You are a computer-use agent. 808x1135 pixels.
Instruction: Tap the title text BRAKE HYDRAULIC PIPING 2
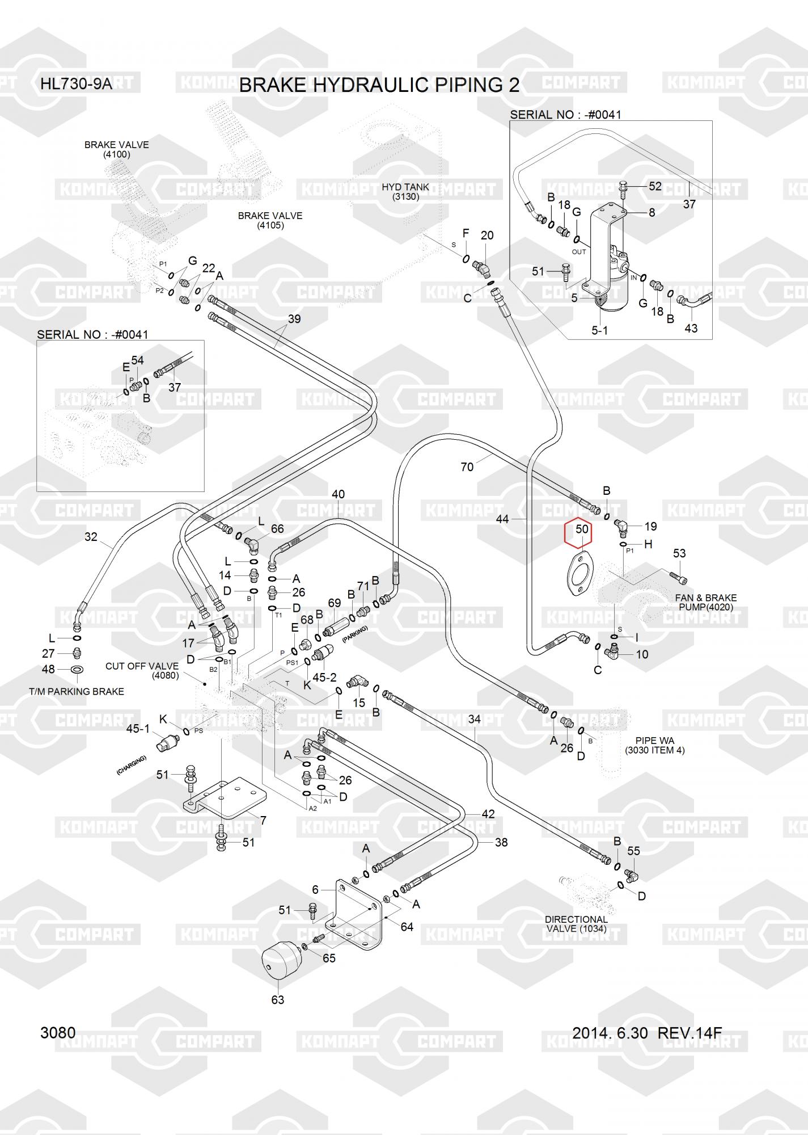(x=379, y=85)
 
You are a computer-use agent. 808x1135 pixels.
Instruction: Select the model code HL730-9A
(x=76, y=85)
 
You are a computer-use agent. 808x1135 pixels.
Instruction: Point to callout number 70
(x=467, y=467)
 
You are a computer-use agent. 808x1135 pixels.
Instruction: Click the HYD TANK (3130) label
(x=405, y=192)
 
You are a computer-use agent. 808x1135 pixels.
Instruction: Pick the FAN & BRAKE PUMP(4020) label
(x=705, y=602)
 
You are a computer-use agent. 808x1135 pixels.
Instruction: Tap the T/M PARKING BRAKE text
(x=77, y=691)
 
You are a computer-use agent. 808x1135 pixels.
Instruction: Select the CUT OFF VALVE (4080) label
(x=142, y=670)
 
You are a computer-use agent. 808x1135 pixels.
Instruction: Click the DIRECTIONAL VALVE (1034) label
(x=576, y=924)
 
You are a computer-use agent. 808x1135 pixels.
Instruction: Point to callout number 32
(x=91, y=536)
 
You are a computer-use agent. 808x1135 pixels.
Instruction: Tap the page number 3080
(x=58, y=1032)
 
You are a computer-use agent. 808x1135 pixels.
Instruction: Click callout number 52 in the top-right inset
(x=655, y=186)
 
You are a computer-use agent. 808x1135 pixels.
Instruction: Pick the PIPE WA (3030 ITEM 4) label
(x=654, y=745)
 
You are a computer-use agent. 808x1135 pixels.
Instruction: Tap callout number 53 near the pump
(x=679, y=553)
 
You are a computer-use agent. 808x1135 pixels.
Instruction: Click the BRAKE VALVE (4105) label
(x=270, y=220)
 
